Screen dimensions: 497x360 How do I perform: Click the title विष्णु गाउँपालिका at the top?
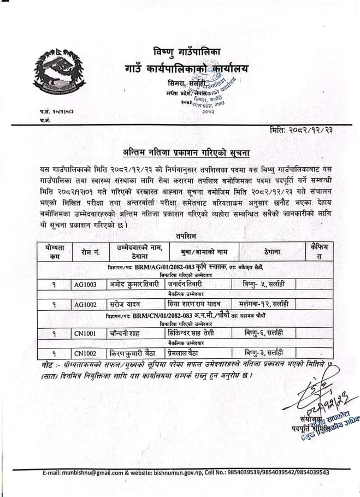click(x=187, y=52)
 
